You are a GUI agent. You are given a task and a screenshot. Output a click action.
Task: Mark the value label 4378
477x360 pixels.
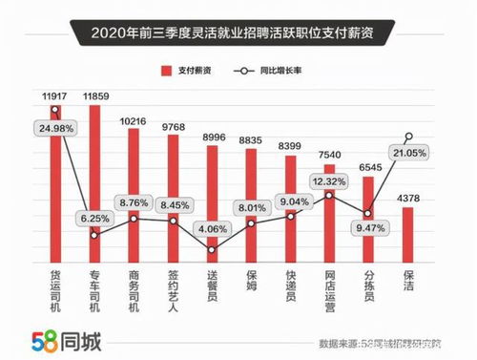408,198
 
